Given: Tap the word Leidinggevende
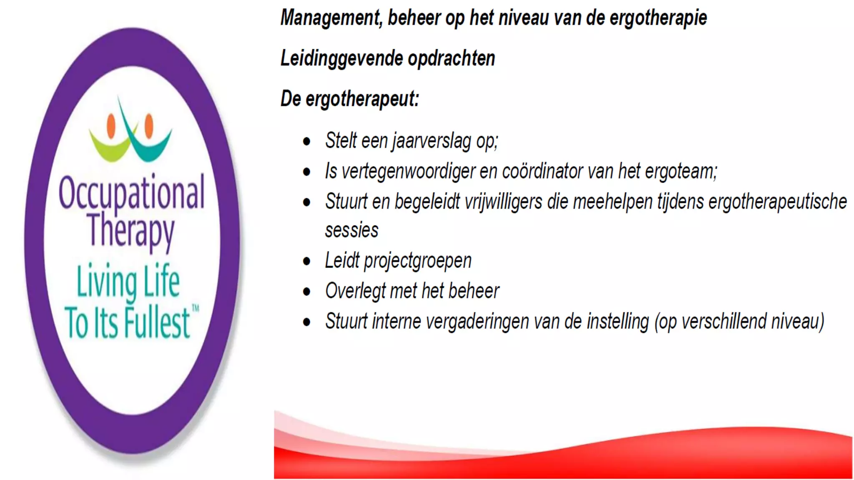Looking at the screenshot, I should pos(342,58).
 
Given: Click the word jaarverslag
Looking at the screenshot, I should pos(432,141).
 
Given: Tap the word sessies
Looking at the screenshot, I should pos(352,230).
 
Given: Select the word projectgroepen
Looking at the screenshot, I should pos(417,261).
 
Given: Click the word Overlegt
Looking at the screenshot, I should pos(355,291).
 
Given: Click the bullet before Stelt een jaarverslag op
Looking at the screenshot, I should pos(307,142).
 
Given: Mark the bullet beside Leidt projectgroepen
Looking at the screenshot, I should pos(307,262).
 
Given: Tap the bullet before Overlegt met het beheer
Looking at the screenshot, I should pos(307,292).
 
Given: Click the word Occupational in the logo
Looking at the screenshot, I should pos(131,193).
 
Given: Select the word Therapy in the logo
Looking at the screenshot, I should pos(131,230).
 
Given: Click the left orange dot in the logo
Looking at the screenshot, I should pos(111,125).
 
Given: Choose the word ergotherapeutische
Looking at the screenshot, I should pos(778,202).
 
